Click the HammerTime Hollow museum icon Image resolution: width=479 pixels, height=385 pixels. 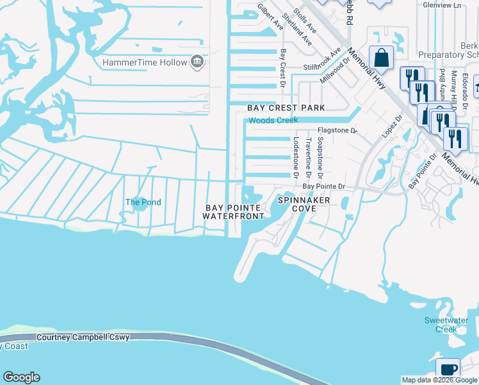197,62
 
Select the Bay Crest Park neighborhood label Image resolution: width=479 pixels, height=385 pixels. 286,108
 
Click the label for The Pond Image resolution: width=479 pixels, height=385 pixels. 143,202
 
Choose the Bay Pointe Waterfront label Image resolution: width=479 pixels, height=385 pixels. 233,212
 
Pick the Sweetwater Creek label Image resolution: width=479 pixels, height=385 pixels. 441,325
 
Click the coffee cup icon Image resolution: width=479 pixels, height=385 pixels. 448,370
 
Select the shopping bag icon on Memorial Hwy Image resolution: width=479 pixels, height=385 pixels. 382,58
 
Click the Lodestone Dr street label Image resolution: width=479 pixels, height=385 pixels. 296,157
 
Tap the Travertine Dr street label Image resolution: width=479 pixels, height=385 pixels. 308,157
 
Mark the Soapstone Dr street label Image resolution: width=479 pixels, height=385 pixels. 320,157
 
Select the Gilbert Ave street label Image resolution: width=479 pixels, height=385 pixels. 270,17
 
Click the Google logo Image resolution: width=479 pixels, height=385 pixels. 21,377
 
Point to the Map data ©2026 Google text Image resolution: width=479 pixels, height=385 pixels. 439,380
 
